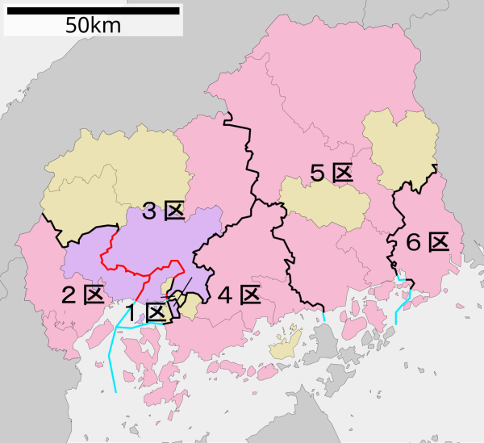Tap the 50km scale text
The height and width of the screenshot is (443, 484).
[x=93, y=26]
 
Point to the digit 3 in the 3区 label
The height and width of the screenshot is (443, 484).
[x=150, y=212]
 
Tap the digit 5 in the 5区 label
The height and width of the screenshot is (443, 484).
[x=318, y=173]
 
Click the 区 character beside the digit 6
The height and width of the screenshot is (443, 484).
[x=438, y=242]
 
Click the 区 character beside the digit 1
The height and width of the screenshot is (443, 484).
[x=156, y=311]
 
